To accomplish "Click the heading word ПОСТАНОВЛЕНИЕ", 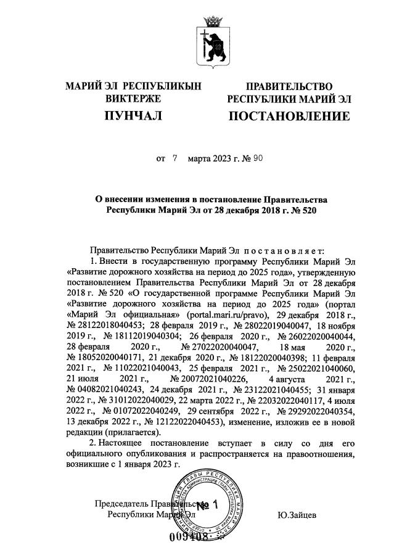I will click(289, 116).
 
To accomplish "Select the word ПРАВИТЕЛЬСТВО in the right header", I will click(289, 86).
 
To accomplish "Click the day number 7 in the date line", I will click(174, 158).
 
